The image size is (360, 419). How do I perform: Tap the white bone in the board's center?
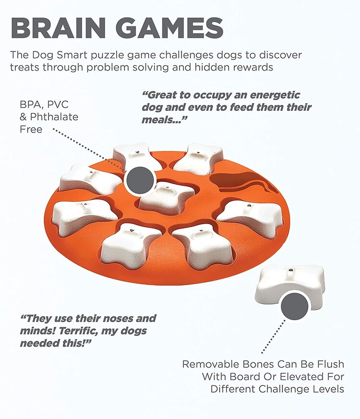click(168, 197)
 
